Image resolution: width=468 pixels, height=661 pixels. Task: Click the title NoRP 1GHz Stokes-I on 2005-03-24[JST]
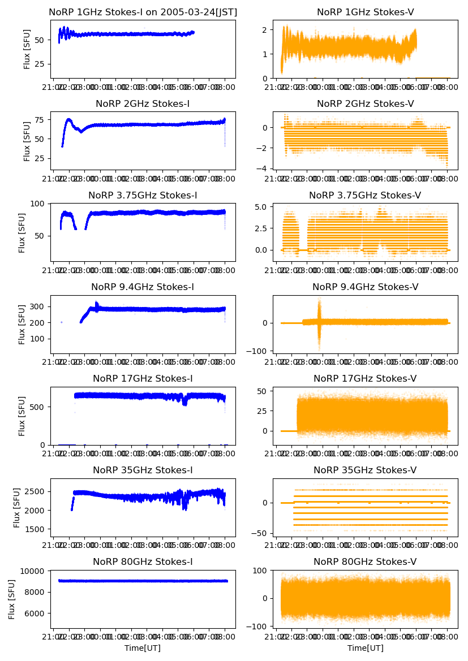point(143,12)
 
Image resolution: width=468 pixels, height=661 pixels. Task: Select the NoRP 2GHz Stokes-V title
point(365,103)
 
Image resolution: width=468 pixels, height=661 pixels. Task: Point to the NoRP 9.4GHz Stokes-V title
point(365,287)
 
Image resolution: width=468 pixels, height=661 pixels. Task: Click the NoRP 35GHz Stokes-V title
point(365,470)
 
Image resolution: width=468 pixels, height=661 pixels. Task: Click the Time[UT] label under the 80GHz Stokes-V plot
point(365,648)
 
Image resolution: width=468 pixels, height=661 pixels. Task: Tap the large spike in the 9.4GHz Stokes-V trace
point(319,322)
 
